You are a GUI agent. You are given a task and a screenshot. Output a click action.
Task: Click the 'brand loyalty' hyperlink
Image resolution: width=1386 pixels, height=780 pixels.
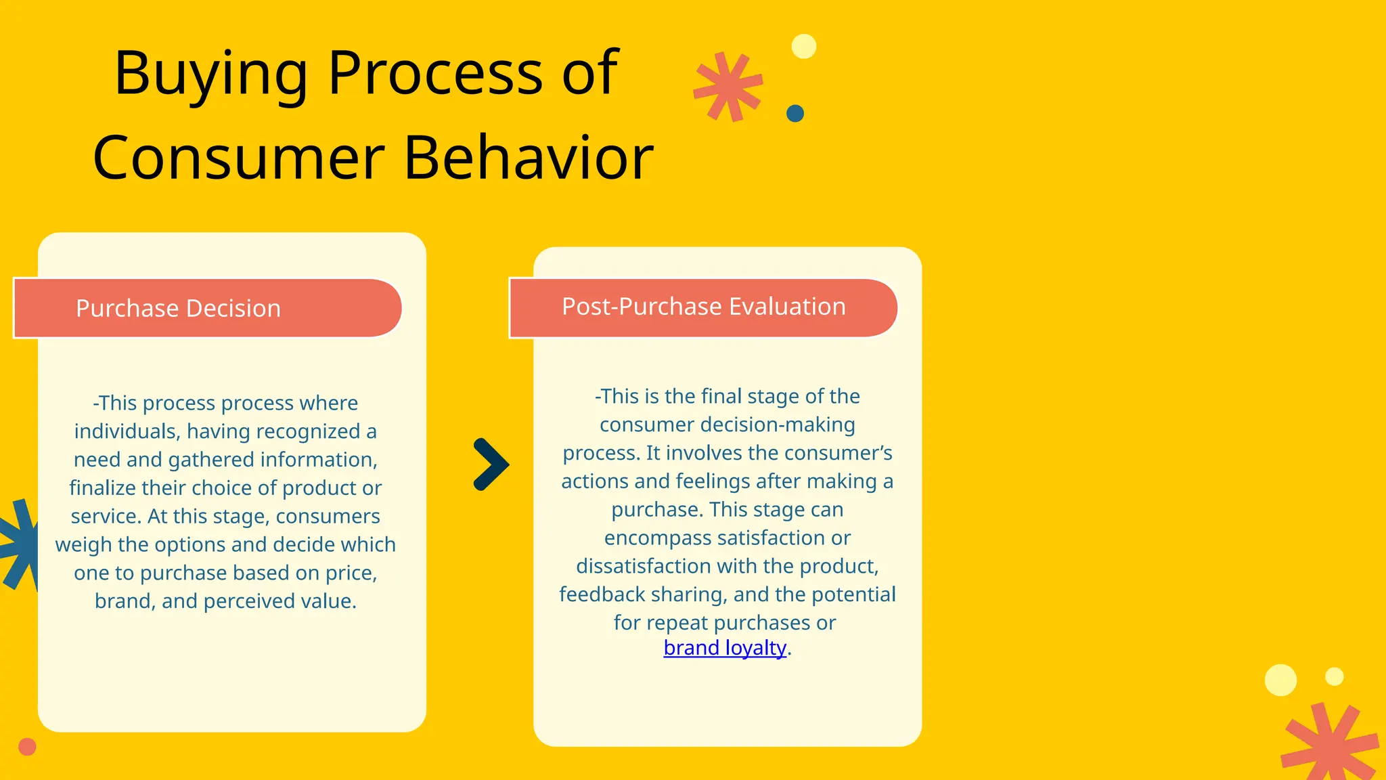725,648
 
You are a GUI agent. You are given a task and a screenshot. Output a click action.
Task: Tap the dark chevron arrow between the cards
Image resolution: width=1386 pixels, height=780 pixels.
491,464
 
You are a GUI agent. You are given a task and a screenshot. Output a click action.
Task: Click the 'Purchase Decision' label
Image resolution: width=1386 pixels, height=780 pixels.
178,309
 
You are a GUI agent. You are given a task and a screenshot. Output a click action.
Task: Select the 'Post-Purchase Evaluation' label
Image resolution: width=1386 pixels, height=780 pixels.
703,307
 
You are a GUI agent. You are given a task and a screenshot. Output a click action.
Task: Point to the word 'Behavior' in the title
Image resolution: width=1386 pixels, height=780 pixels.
529,158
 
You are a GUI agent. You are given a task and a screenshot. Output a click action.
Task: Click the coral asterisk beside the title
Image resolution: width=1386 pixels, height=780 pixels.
728,87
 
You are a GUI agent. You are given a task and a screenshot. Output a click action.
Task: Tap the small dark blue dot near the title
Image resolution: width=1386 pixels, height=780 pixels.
795,113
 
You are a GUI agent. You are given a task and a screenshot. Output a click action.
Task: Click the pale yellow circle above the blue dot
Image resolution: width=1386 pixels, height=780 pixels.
804,47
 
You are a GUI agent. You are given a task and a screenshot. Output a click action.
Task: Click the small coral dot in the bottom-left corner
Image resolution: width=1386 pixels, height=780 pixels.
27,747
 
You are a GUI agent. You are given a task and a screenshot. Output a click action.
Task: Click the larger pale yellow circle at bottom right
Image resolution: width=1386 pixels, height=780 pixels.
1280,680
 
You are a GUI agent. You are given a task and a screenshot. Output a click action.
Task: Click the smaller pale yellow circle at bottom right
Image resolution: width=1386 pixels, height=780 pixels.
1334,676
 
